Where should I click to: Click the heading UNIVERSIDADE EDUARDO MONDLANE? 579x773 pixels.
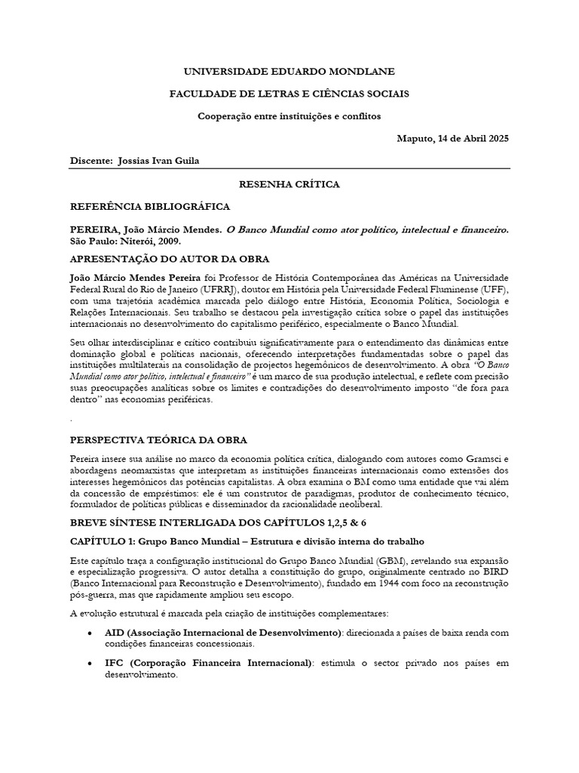(289, 71)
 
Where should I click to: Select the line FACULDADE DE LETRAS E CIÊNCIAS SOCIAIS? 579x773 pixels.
(289, 94)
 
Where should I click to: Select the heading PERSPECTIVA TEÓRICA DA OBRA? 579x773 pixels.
(158, 439)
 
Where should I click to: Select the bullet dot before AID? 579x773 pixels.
(90, 633)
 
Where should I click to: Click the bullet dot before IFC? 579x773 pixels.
(90, 664)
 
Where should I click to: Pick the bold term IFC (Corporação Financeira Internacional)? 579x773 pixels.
(208, 664)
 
